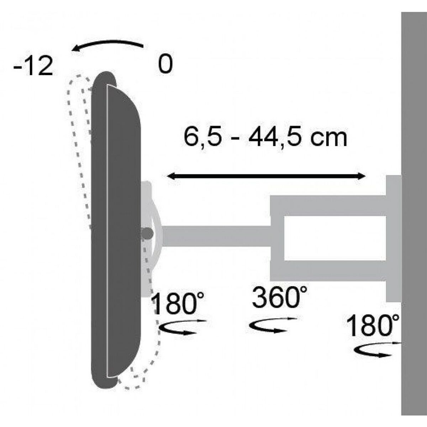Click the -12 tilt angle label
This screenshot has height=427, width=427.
pos(33,67)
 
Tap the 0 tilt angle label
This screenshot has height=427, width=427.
pos(164,65)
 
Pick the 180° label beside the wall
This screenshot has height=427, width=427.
pos(373,326)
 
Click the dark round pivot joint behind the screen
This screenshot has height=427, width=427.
pos(147,233)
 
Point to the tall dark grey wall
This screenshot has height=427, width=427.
pos(414,213)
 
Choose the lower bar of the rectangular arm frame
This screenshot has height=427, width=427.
pos(327,270)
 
